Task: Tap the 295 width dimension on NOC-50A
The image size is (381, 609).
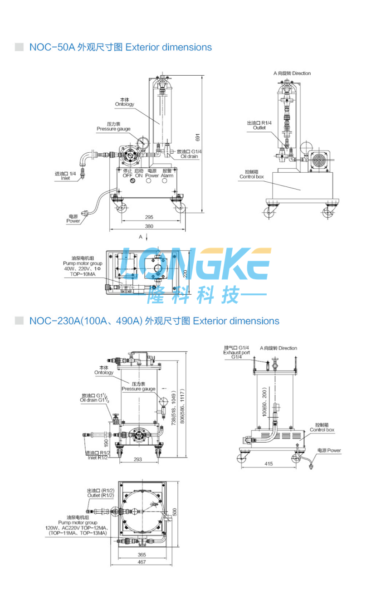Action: click(149, 217)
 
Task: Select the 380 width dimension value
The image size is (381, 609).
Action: click(149, 226)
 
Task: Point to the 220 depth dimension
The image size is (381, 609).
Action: click(185, 273)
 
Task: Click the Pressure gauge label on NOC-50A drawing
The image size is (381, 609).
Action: click(113, 127)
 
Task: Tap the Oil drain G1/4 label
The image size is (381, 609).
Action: click(189, 154)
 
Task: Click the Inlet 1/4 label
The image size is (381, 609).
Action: click(65, 176)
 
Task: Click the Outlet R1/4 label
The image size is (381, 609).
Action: click(259, 125)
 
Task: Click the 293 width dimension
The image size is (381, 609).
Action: click(138, 459)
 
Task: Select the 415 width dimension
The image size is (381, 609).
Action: click(269, 463)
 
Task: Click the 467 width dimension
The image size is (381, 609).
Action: click(142, 562)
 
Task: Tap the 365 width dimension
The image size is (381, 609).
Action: click(142, 555)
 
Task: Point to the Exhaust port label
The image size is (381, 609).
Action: click(236, 352)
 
